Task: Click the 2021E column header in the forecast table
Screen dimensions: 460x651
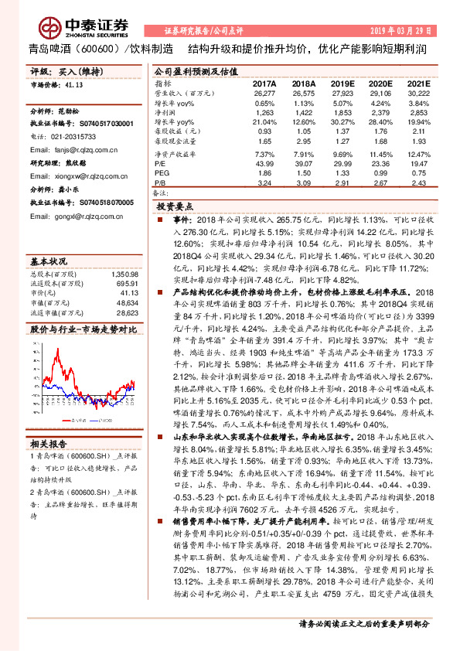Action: tap(418, 83)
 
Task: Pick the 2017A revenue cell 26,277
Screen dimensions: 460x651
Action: tap(264, 93)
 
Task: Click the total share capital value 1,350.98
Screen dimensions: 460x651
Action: tap(124, 274)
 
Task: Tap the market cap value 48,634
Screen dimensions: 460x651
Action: tap(126, 304)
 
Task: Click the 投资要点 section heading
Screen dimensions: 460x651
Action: tap(174, 208)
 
